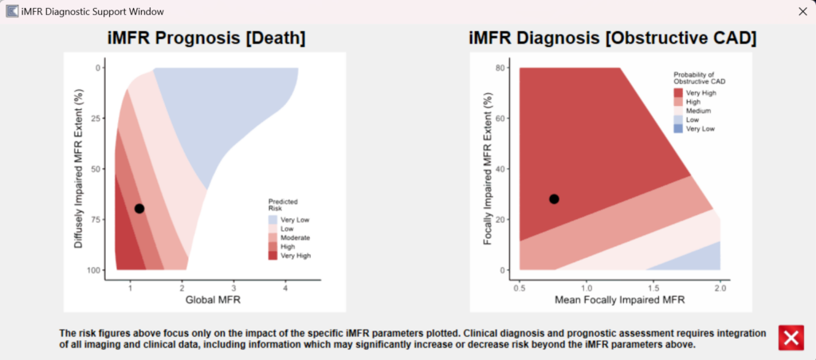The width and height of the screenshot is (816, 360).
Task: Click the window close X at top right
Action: tap(802, 11)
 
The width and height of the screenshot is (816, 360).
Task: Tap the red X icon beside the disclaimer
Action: tap(790, 338)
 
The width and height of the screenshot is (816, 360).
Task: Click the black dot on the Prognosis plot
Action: tap(139, 209)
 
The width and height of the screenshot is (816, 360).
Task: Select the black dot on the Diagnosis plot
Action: tap(554, 199)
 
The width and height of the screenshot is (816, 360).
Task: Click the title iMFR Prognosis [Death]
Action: tap(207, 38)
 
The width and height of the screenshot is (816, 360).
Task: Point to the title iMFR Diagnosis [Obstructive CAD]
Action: tap(612, 38)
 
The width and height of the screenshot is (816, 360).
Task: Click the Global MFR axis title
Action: tap(208, 300)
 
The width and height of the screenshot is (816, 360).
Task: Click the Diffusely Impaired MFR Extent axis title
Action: tap(79, 170)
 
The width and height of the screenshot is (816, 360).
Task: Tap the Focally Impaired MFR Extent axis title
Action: tap(487, 170)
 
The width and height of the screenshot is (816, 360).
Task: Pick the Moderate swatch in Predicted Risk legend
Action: tap(273, 238)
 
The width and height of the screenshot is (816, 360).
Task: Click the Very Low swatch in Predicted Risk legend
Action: tap(273, 219)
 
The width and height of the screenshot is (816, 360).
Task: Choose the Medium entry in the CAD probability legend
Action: tap(679, 111)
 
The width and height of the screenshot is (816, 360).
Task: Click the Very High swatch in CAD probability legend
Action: tap(679, 93)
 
